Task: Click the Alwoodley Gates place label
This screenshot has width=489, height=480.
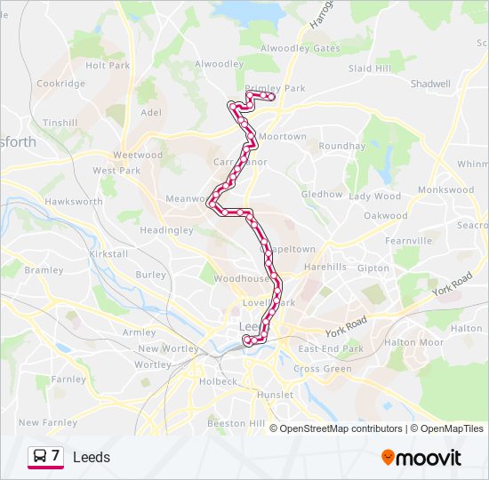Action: point(301,48)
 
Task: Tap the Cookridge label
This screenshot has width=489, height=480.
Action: point(60,84)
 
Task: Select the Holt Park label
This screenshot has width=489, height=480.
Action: point(108,65)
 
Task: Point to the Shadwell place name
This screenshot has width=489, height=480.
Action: point(430,84)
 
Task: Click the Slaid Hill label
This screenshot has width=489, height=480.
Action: point(370,68)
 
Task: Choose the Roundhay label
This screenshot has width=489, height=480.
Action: point(341,146)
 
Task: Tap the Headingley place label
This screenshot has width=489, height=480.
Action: point(166,229)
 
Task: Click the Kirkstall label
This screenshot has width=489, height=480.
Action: point(109,253)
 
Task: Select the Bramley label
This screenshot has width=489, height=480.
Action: point(44,269)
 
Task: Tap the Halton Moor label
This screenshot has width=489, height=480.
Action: point(413,342)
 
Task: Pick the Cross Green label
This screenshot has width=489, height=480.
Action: point(323,369)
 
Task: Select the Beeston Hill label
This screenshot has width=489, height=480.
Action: point(236,424)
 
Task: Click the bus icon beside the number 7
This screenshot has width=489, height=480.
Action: point(40,457)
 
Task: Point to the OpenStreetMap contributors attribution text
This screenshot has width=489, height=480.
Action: point(341,428)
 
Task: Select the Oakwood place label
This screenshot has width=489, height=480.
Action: point(385,216)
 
